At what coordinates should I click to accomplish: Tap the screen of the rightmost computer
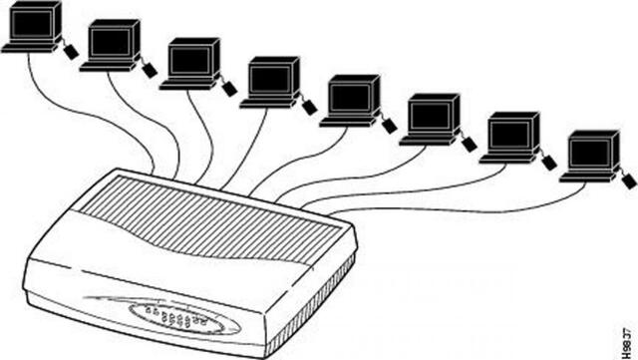[x=589, y=152]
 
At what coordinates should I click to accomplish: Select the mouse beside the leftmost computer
[x=72, y=51]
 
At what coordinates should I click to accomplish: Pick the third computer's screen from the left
[x=189, y=60]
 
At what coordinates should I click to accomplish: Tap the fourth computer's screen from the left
[x=268, y=79]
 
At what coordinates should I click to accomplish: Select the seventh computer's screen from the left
[x=509, y=133]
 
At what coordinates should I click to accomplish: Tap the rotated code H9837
[x=624, y=336]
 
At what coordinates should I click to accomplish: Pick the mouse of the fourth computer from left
[x=310, y=107]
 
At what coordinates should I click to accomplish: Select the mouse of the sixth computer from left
[x=470, y=144]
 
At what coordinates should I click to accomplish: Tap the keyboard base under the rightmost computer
[x=583, y=177]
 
